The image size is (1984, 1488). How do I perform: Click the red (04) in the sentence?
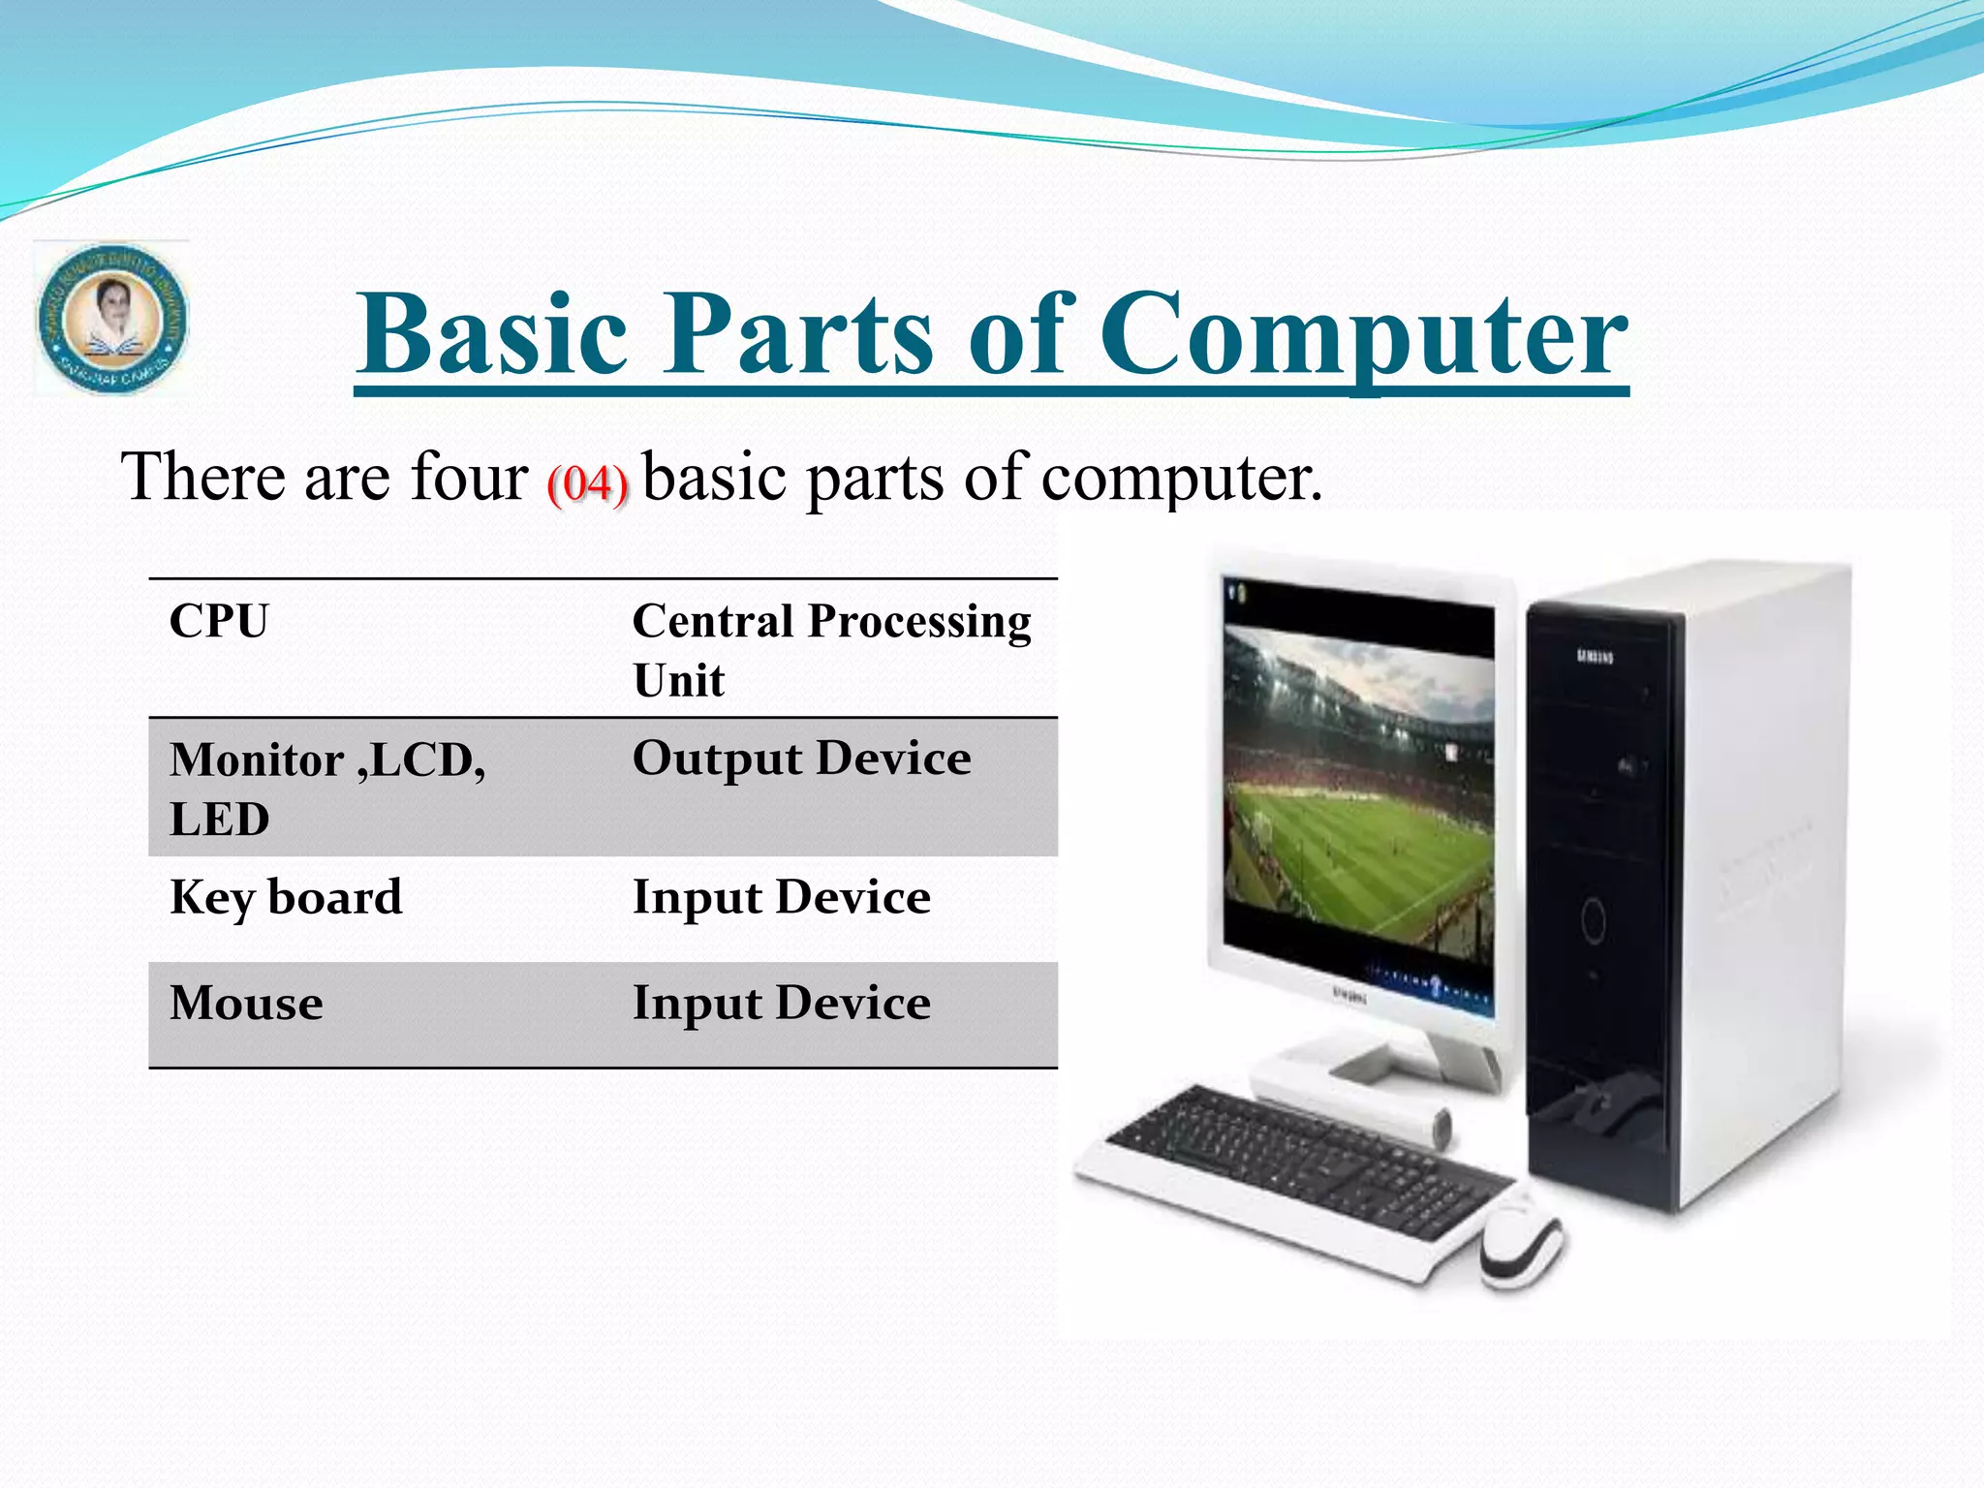pos(587,482)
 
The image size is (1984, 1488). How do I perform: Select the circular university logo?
pos(111,319)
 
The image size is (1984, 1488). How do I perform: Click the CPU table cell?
pos(219,621)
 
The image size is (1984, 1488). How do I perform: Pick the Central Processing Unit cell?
pos(831,649)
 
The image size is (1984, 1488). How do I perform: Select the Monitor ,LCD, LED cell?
pos(326,788)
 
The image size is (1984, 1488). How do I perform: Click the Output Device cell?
pos(801,759)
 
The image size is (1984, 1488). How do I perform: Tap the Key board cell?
pos(285,897)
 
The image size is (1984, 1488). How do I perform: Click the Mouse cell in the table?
pos(246,1003)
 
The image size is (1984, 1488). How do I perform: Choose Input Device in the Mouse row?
pos(781,1003)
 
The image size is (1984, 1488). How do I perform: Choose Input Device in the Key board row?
pos(781,897)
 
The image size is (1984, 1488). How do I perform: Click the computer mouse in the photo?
pos(1520,1243)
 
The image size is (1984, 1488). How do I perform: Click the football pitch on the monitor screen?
pos(1366,852)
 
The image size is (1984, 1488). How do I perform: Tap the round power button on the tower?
pos(1593,918)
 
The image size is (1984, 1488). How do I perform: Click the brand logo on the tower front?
pos(1595,658)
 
